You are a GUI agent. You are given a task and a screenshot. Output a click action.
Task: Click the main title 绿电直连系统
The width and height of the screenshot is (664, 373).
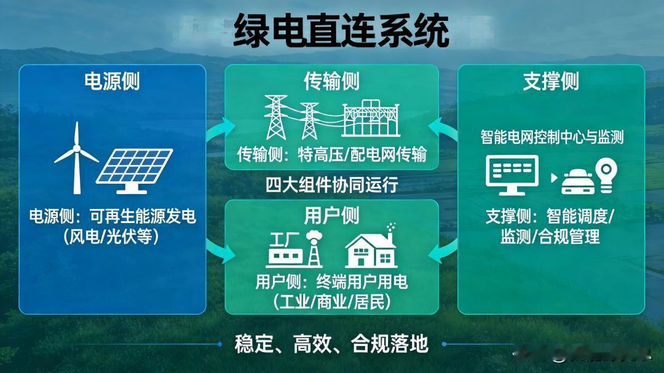341,31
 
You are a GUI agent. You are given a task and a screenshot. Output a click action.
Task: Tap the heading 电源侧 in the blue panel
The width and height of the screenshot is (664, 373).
113,81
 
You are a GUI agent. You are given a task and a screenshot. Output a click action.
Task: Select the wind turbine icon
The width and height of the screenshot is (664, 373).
77,157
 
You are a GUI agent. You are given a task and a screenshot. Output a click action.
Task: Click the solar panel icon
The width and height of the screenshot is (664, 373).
134,171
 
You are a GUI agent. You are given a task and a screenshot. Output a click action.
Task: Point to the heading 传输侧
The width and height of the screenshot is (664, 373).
331,81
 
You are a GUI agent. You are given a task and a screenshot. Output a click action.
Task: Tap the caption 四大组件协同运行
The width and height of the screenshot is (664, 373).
332,185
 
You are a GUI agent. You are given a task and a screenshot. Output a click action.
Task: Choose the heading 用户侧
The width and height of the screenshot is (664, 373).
331,216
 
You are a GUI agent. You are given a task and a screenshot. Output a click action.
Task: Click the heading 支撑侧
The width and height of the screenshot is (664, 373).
551,81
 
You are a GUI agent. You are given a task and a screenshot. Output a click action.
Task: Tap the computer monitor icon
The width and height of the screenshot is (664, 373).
512,175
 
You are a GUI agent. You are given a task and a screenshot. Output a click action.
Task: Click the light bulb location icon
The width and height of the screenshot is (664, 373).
606,175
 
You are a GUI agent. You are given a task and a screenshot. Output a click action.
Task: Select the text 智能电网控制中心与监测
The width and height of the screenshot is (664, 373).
552,137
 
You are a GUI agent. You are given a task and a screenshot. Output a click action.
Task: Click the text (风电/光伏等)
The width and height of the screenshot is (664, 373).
112,236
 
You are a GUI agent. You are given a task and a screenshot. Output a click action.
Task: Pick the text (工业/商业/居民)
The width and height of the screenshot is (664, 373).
331,302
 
